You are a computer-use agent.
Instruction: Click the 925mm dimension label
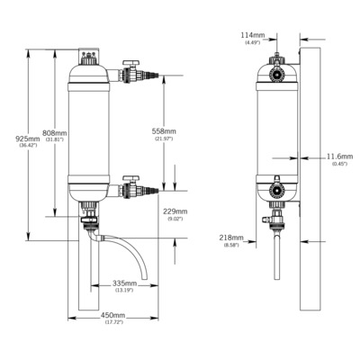(x=28, y=139)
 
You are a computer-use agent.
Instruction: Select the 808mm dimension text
(x=55, y=132)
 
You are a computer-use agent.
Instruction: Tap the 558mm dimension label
(x=164, y=131)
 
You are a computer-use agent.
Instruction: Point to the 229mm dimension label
(x=175, y=211)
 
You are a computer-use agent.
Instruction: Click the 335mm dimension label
(x=124, y=283)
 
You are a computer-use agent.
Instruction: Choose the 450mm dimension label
(x=112, y=316)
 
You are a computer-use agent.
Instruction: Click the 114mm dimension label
(x=253, y=35)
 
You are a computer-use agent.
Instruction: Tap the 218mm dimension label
(x=231, y=238)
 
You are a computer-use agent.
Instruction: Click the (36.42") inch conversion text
(x=28, y=145)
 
